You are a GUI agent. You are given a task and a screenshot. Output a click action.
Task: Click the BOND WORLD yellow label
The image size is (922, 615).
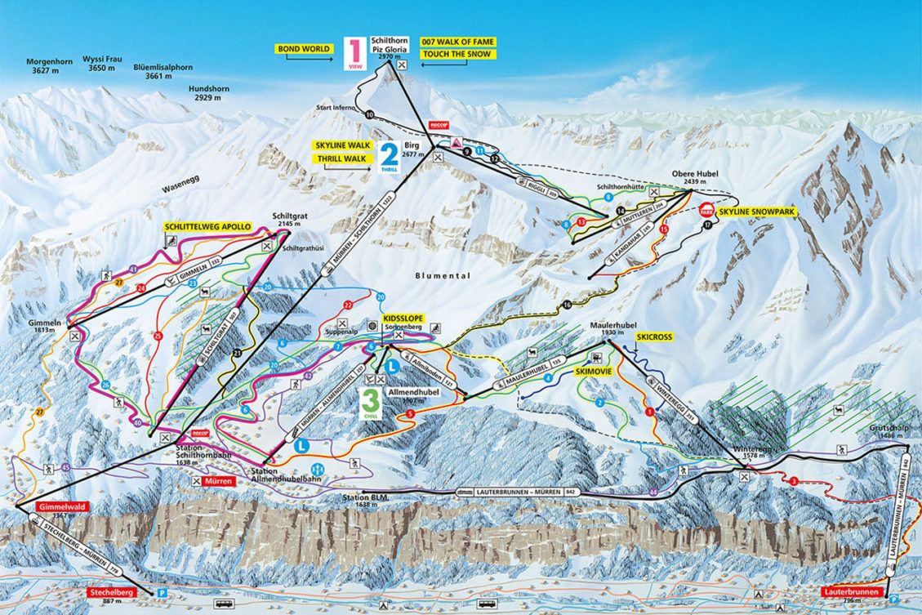click(x=304, y=49)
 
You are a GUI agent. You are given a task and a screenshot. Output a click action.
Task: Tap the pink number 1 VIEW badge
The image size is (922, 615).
click(x=354, y=51)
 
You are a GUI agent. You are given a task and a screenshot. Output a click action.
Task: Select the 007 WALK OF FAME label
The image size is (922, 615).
click(x=457, y=42)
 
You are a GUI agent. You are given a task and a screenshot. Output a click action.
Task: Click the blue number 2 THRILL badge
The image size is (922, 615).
click(x=389, y=154)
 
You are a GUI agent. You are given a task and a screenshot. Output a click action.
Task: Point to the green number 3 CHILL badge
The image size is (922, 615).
click(x=371, y=402)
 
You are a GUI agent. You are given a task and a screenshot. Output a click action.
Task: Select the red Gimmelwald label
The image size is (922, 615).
click(x=53, y=506)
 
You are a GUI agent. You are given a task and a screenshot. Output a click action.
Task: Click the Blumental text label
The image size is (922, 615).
click(x=443, y=276)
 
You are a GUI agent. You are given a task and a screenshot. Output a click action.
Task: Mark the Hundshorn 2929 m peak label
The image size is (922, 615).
click(x=211, y=92)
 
